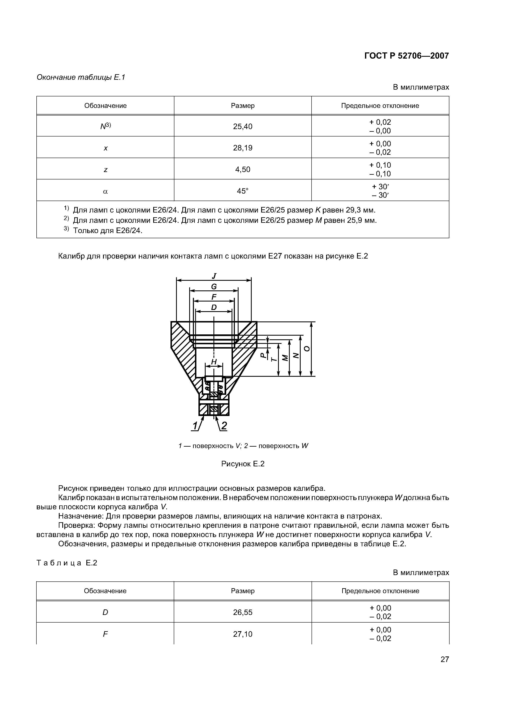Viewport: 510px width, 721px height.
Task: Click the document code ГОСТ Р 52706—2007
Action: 406,56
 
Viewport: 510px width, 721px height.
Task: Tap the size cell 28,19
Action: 243,148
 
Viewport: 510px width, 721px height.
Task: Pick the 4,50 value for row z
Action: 243,170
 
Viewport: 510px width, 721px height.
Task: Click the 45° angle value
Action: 243,191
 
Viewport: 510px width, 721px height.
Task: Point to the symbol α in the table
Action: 105,191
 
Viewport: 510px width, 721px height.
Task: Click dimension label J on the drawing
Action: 214,276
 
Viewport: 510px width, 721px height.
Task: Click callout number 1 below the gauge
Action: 195,426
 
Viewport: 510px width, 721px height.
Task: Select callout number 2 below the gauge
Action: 224,426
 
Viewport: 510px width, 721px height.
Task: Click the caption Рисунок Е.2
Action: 243,464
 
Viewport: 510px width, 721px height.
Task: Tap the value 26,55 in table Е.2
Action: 243,612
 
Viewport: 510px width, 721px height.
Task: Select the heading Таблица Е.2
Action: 67,563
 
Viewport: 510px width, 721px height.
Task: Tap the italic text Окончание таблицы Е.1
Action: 81,77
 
